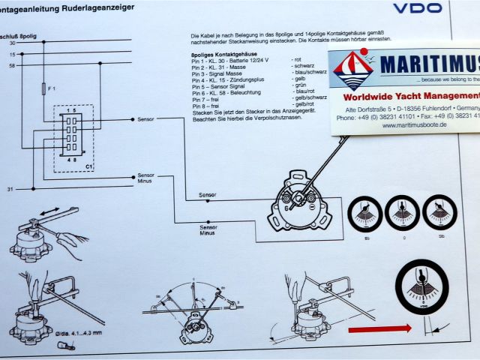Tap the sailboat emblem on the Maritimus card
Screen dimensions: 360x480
point(354,71)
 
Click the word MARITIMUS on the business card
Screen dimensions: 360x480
point(428,64)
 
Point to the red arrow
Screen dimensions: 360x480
point(379,329)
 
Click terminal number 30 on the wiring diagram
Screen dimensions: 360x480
point(12,43)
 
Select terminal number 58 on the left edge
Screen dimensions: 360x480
point(12,66)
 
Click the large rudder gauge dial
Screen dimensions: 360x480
point(423,287)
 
